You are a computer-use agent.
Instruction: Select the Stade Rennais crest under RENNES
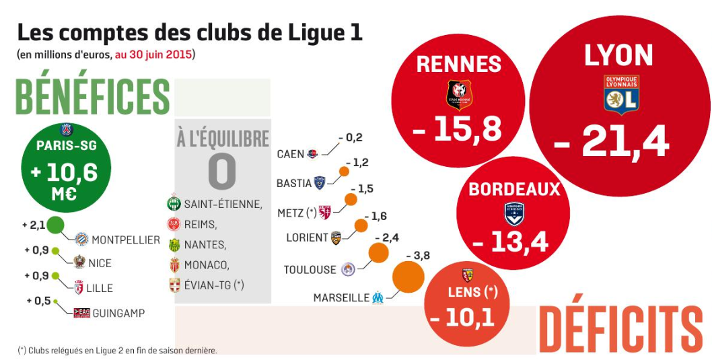click(x=460, y=94)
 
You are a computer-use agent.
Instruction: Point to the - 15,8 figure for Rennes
click(x=458, y=128)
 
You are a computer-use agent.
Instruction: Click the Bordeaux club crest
click(x=514, y=213)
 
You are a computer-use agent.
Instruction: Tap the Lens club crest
click(x=468, y=275)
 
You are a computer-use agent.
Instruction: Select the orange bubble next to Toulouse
click(x=378, y=253)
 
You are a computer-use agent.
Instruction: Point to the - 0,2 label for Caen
click(x=350, y=138)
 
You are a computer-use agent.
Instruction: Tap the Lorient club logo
click(x=335, y=238)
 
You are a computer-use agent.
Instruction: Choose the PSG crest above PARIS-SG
click(x=66, y=130)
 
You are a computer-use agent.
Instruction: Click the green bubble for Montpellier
click(x=55, y=225)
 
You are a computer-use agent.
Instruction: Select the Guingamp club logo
click(x=81, y=313)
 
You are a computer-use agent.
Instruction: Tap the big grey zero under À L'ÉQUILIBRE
click(x=222, y=172)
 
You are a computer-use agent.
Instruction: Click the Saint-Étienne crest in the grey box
click(x=174, y=203)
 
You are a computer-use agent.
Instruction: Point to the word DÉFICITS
click(x=620, y=330)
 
